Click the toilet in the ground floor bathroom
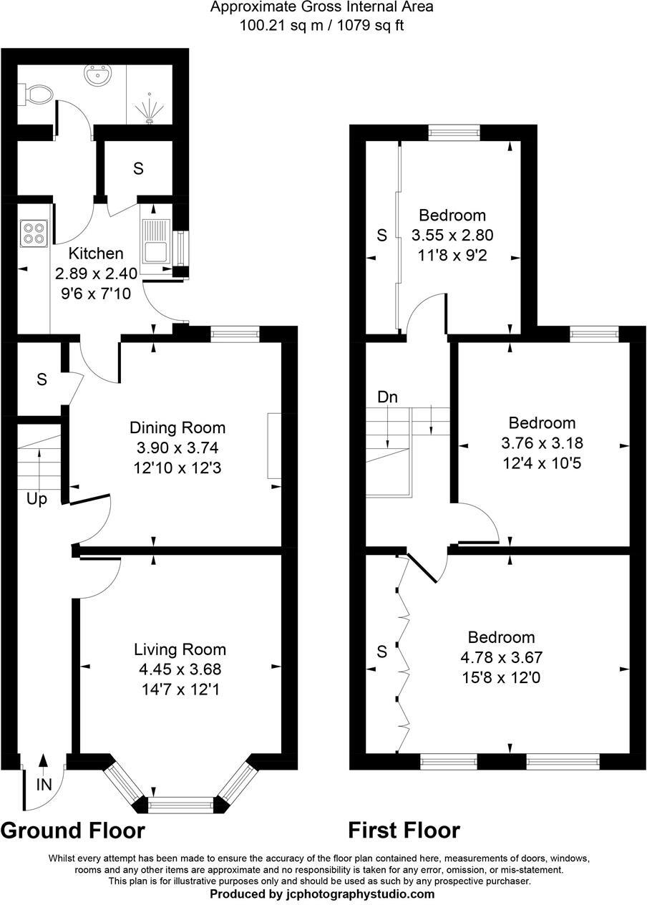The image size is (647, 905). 38,94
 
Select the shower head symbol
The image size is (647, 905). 149,108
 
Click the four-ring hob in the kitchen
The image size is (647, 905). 33,233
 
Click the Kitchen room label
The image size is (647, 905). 95,253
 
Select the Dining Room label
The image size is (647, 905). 177,428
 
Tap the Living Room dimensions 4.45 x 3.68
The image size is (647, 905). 180,670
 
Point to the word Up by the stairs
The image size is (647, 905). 37,499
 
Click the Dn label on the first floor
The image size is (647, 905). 387,397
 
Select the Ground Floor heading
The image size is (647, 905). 72,831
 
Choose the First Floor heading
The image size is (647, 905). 404,831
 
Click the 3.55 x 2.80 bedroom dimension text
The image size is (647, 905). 452,235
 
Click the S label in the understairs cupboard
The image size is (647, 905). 42,379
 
